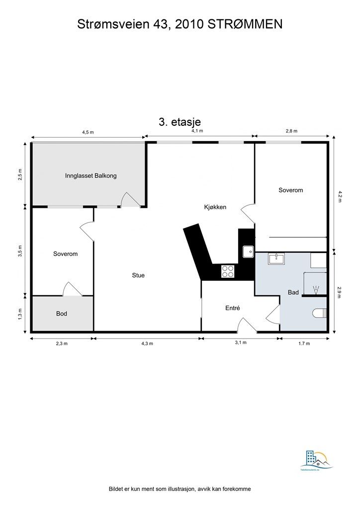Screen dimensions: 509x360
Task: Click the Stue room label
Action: (138, 275)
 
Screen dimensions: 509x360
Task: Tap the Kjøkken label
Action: (215, 207)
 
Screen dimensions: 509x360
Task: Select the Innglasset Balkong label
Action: (90, 175)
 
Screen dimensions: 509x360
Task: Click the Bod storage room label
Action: (62, 314)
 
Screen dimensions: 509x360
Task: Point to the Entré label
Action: (233, 308)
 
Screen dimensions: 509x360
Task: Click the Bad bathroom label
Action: (293, 292)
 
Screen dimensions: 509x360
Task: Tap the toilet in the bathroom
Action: (320, 313)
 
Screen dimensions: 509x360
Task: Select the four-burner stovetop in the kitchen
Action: (228, 271)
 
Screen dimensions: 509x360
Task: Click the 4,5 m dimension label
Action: (88, 132)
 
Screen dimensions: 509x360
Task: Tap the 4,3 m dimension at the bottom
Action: (148, 343)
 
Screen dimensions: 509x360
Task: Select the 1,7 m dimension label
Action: (304, 343)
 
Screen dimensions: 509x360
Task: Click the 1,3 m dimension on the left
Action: (20, 313)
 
